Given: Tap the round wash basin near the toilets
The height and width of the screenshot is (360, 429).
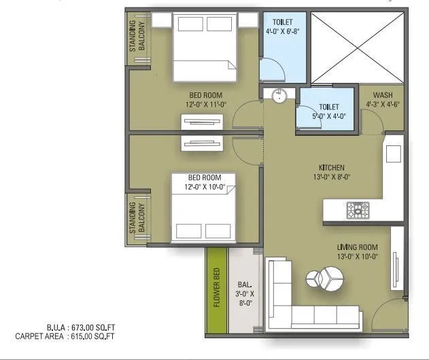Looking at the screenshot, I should (279, 96).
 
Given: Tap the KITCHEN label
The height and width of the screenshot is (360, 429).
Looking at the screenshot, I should (332, 168).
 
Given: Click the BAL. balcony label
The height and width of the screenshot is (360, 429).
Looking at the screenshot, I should (245, 285).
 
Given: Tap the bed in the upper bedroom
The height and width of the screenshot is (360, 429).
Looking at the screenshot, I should (204, 48).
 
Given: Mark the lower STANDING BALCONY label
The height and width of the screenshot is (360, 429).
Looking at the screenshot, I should (138, 217).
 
